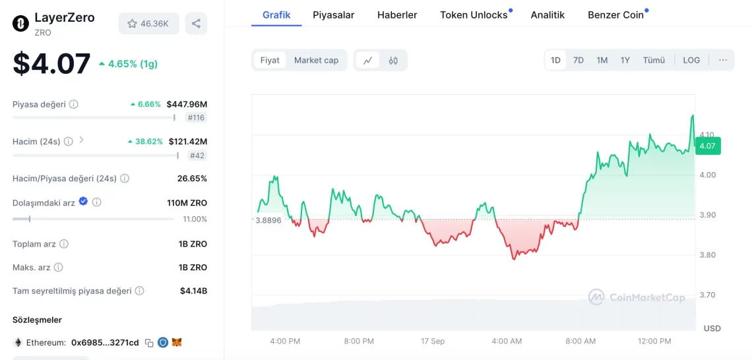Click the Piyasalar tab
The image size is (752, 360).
pos(333,15)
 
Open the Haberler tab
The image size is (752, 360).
pos(397,15)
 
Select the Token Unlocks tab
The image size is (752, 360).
pos(474,15)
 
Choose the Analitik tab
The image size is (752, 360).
pos(548,15)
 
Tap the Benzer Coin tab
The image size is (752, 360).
pos(615,15)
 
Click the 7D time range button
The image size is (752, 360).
pos(579,60)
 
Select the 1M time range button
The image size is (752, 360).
pos(602,60)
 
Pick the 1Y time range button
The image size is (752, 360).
pos(625,60)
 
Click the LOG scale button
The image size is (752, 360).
pos(691,60)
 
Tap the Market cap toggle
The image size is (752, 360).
pos(316,60)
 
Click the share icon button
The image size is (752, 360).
pos(196,24)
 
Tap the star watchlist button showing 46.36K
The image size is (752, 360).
pos(148,24)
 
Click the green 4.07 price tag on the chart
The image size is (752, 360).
pos(707,146)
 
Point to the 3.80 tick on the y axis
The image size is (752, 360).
pos(707,255)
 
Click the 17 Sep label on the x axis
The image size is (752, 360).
pos(433,341)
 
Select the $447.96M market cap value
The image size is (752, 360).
pos(187,104)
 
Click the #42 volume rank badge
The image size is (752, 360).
pos(197,156)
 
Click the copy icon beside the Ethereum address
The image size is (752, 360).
pos(149,343)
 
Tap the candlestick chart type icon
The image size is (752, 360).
pos(393,61)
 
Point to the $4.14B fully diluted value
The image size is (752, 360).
pos(193,291)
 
